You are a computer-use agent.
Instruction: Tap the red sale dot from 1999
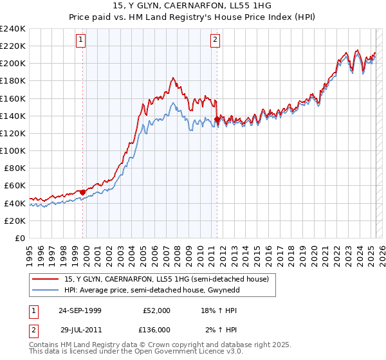83,192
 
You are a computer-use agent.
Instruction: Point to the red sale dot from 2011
217,119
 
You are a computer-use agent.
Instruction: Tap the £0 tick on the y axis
20,238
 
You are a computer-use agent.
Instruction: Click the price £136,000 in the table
155,329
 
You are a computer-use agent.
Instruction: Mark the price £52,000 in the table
157,310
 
